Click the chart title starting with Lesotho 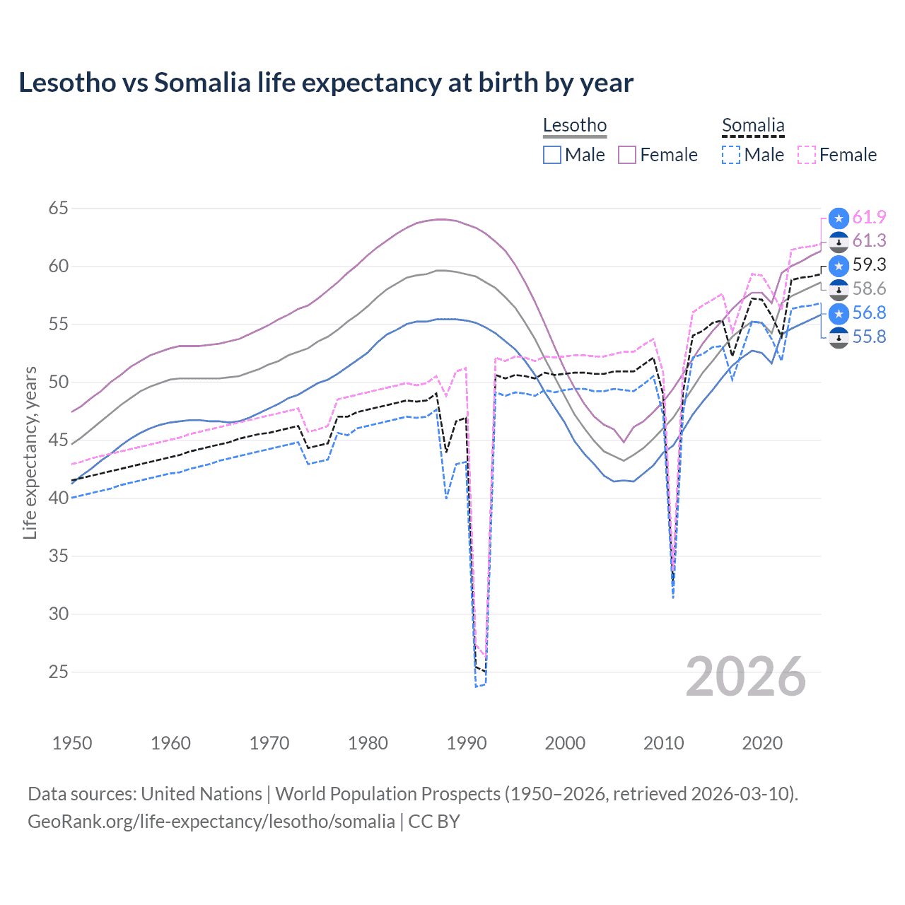coord(326,83)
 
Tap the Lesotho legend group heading coord(575,126)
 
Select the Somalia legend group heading coord(753,126)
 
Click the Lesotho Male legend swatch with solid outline coord(552,155)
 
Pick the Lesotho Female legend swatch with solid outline coord(627,155)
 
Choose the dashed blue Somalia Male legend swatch coord(731,155)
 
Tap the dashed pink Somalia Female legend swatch coord(807,155)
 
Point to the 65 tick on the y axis coord(59,209)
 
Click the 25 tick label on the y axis coord(59,672)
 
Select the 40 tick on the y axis coord(59,498)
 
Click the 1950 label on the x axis coord(72,743)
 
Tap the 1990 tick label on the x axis coord(467,743)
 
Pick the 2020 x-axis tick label coord(762,743)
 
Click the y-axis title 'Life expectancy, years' coord(30,452)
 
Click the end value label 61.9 coord(869,217)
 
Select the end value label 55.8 coord(869,337)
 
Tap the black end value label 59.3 coord(869,264)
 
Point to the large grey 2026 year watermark coord(746,677)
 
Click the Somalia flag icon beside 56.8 coord(839,313)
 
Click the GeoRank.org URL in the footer coord(211,822)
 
